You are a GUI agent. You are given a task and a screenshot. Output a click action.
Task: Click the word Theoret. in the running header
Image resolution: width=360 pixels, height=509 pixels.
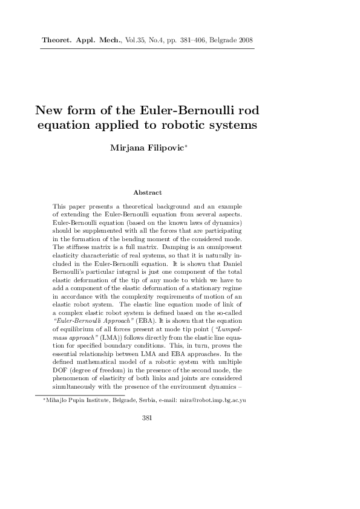(x=56, y=41)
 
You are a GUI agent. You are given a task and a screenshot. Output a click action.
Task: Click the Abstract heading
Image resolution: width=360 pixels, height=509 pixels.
(x=148, y=192)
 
